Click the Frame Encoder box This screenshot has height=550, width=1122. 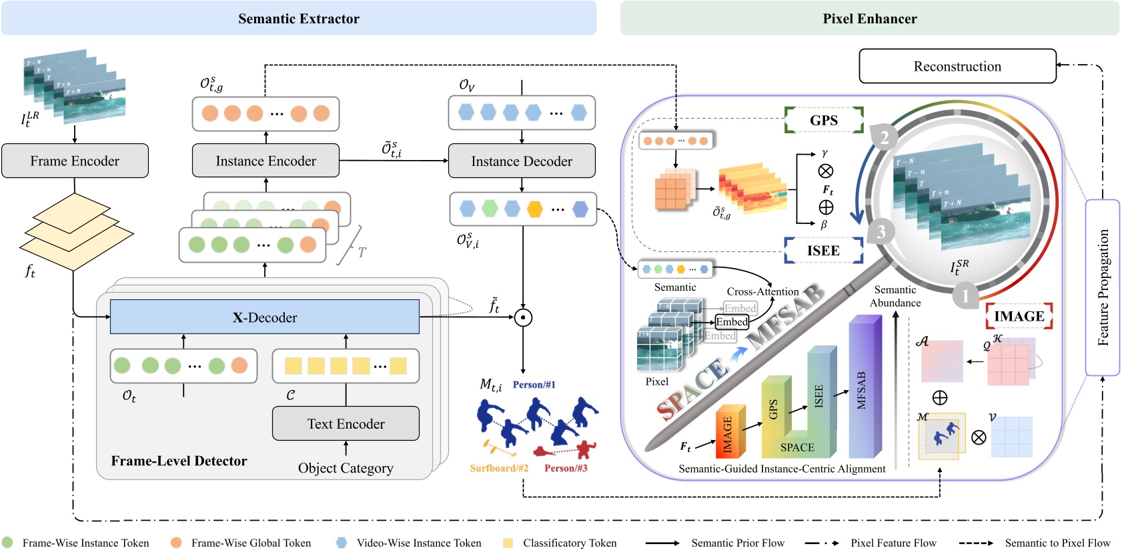pyautogui.click(x=75, y=161)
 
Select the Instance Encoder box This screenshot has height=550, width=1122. pyautogui.click(x=265, y=161)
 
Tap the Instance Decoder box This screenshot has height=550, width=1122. pyautogui.click(x=521, y=161)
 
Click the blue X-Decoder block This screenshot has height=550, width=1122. pyautogui.click(x=264, y=317)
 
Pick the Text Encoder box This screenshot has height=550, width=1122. pyautogui.click(x=346, y=423)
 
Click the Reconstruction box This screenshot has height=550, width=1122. pyautogui.click(x=957, y=66)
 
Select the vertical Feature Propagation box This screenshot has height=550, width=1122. pyautogui.click(x=1102, y=287)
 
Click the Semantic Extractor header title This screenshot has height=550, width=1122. pyautogui.click(x=298, y=19)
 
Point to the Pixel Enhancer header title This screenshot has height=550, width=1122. pyautogui.click(x=869, y=19)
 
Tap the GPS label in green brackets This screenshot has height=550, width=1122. pyautogui.click(x=823, y=120)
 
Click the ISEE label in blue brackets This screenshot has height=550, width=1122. pyautogui.click(x=823, y=251)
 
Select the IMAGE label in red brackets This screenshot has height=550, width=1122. pyautogui.click(x=1019, y=316)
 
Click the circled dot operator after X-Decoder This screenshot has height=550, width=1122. pyautogui.click(x=523, y=318)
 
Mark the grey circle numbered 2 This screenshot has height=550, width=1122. pyautogui.click(x=884, y=137)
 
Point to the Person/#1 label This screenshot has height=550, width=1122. pyautogui.click(x=534, y=385)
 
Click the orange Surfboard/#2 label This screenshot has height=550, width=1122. pyautogui.click(x=499, y=468)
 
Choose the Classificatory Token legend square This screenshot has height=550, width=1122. pyautogui.click(x=508, y=543)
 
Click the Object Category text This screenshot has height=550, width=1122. pyautogui.click(x=346, y=468)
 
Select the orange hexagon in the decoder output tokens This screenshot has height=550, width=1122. pyautogui.click(x=534, y=209)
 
